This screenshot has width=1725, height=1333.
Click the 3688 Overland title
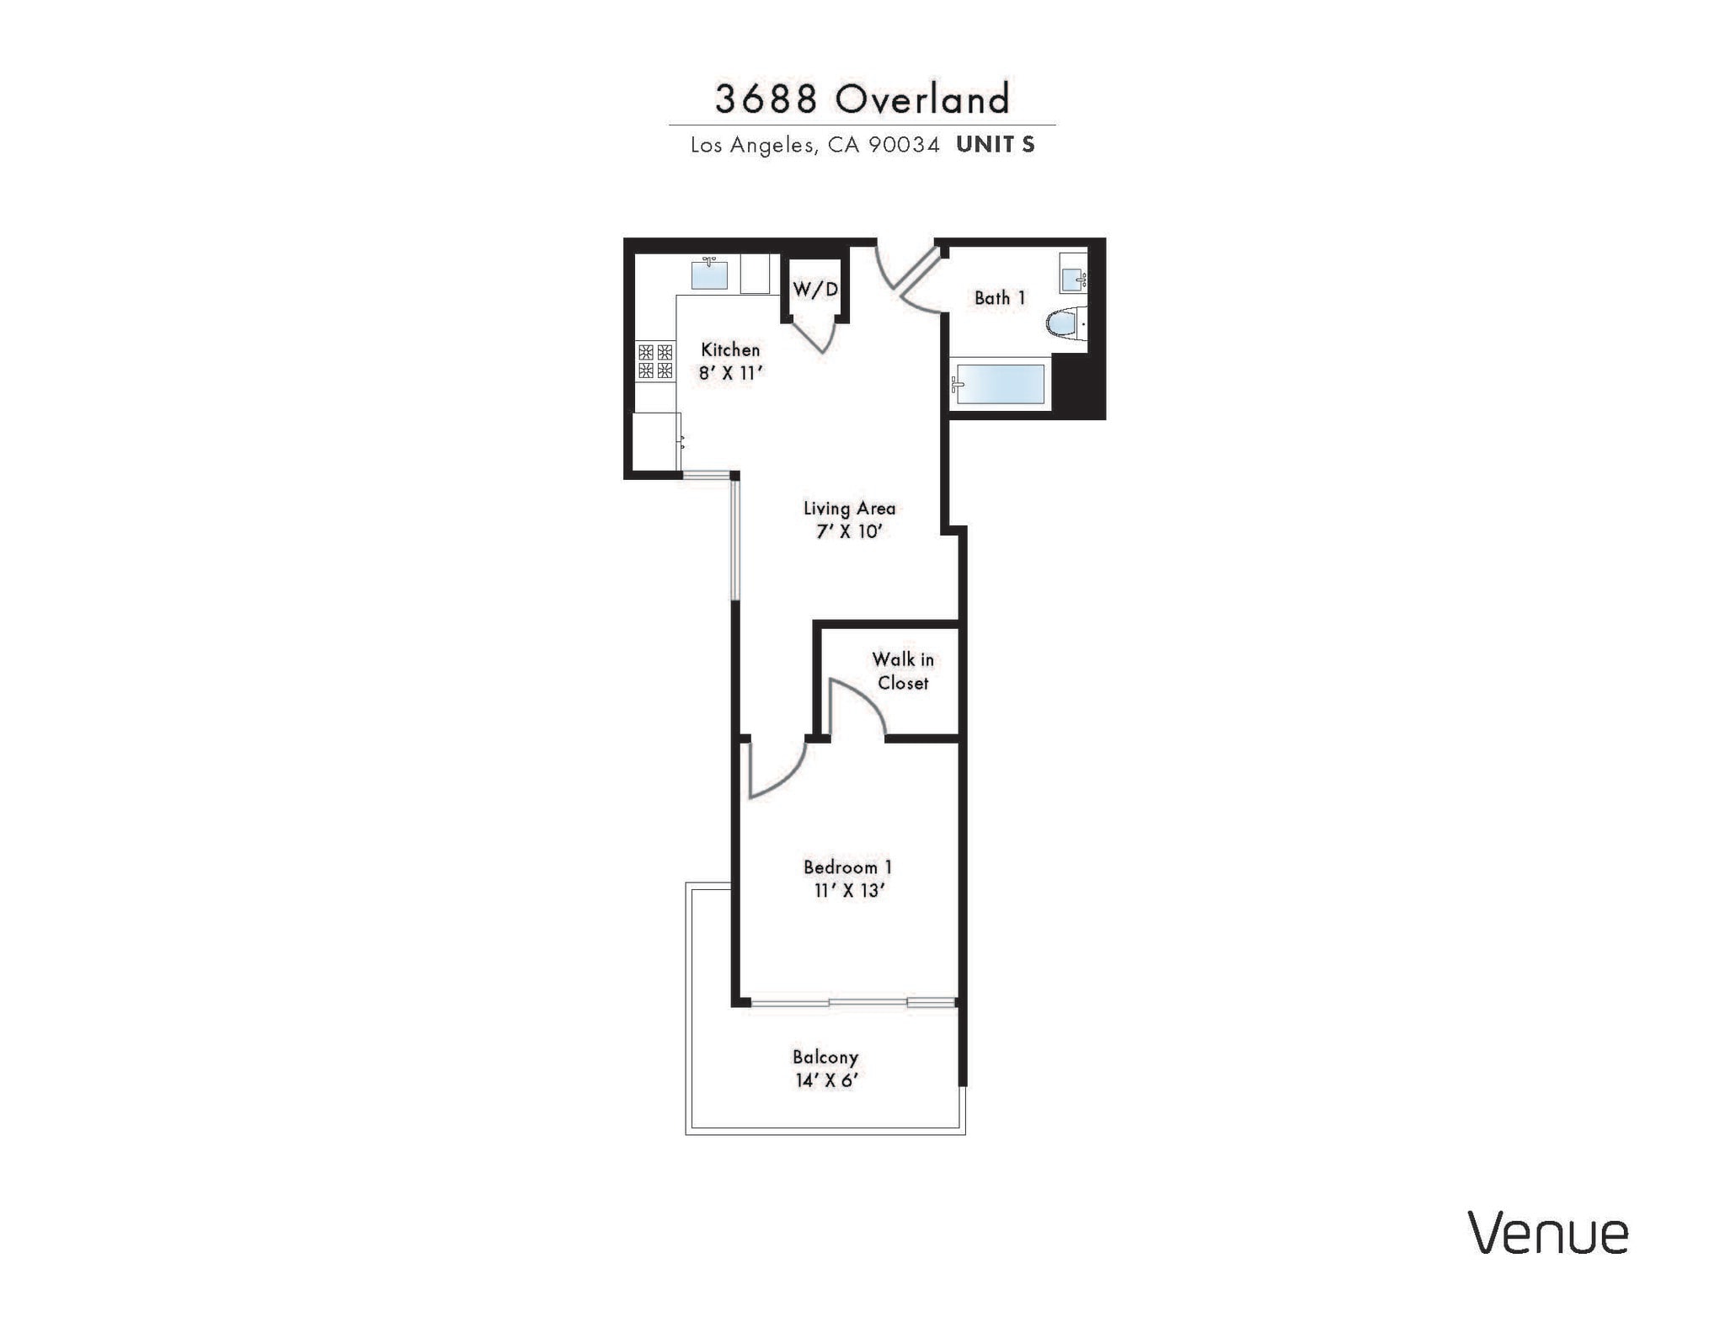tap(862, 99)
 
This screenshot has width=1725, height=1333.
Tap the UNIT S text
tap(995, 145)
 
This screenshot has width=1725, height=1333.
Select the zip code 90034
tap(904, 145)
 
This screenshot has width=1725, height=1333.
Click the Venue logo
tap(1548, 1234)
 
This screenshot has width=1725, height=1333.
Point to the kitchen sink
tap(709, 275)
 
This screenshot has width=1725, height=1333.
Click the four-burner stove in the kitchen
tap(655, 361)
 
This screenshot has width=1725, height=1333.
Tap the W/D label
tap(815, 290)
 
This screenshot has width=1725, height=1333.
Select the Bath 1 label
tap(1000, 298)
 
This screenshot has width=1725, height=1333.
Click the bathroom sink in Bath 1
tap(1073, 277)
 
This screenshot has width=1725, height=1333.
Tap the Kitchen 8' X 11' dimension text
tap(730, 373)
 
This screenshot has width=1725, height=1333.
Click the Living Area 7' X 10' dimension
tap(848, 531)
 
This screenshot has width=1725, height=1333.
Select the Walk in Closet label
tap(903, 671)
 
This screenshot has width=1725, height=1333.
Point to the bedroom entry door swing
tap(775, 770)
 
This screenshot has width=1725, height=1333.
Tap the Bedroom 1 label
tap(847, 867)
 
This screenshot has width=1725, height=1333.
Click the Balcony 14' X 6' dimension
tap(825, 1080)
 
